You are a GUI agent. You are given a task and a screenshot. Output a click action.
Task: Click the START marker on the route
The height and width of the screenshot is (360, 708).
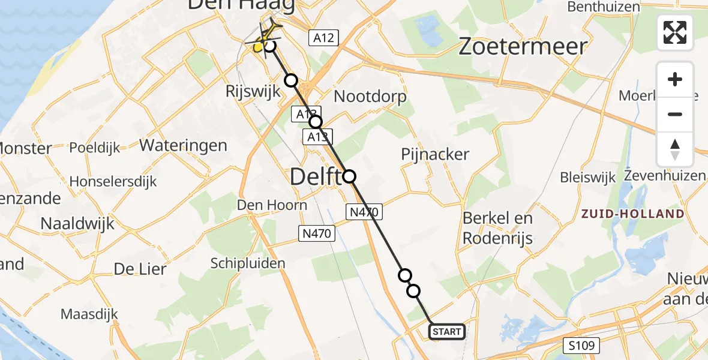tap(447, 331)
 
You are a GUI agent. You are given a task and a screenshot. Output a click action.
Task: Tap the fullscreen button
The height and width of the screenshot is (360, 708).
tap(675, 32)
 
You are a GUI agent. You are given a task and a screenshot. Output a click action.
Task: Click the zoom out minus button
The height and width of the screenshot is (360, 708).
tap(675, 114)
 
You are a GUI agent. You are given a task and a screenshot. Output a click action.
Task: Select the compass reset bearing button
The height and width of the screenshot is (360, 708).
tap(675, 149)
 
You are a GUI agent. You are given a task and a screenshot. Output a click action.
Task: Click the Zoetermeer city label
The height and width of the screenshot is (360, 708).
tap(523, 46)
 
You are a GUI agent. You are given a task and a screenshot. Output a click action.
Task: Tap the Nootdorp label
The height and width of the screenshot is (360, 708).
tap(370, 96)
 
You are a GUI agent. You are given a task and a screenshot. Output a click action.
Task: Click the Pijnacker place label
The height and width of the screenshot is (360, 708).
tap(435, 154)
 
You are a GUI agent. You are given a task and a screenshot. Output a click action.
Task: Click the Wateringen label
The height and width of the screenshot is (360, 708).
tap(183, 145)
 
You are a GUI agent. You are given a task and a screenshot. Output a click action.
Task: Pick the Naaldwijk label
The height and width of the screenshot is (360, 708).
tap(77, 224)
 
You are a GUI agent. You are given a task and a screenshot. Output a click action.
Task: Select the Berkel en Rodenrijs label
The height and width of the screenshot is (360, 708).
tap(497, 228)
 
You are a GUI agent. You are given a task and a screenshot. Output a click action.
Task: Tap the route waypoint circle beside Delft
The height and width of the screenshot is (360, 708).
tap(349, 176)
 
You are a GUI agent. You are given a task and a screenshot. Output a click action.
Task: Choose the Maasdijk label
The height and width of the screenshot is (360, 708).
tap(89, 314)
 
